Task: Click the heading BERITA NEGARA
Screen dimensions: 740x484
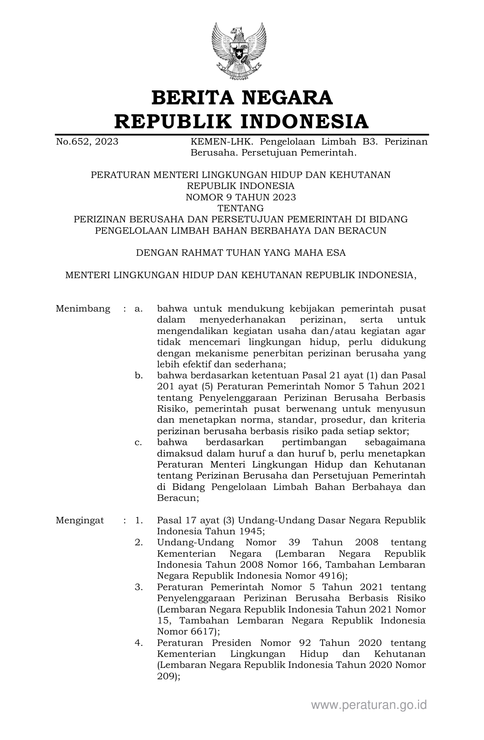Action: [x=242, y=98]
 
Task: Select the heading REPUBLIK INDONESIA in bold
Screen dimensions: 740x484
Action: [x=241, y=121]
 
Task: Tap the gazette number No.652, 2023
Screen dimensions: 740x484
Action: [x=87, y=142]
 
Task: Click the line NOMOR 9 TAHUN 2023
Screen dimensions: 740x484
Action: [x=241, y=197]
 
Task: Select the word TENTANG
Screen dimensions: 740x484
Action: [x=241, y=208]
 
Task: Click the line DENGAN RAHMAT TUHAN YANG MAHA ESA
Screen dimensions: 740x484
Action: [x=241, y=253]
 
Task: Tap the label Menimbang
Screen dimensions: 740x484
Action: [x=83, y=309]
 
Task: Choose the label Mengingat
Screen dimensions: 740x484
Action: [x=80, y=521]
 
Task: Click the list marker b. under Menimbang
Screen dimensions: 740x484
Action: [x=139, y=376]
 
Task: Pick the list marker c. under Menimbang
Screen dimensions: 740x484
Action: [x=139, y=442]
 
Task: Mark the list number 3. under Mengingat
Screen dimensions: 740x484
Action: [x=139, y=587]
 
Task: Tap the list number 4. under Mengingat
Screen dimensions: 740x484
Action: [x=139, y=643]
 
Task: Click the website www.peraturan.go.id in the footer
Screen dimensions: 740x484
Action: [x=369, y=705]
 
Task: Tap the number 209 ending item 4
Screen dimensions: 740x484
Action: [x=166, y=677]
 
